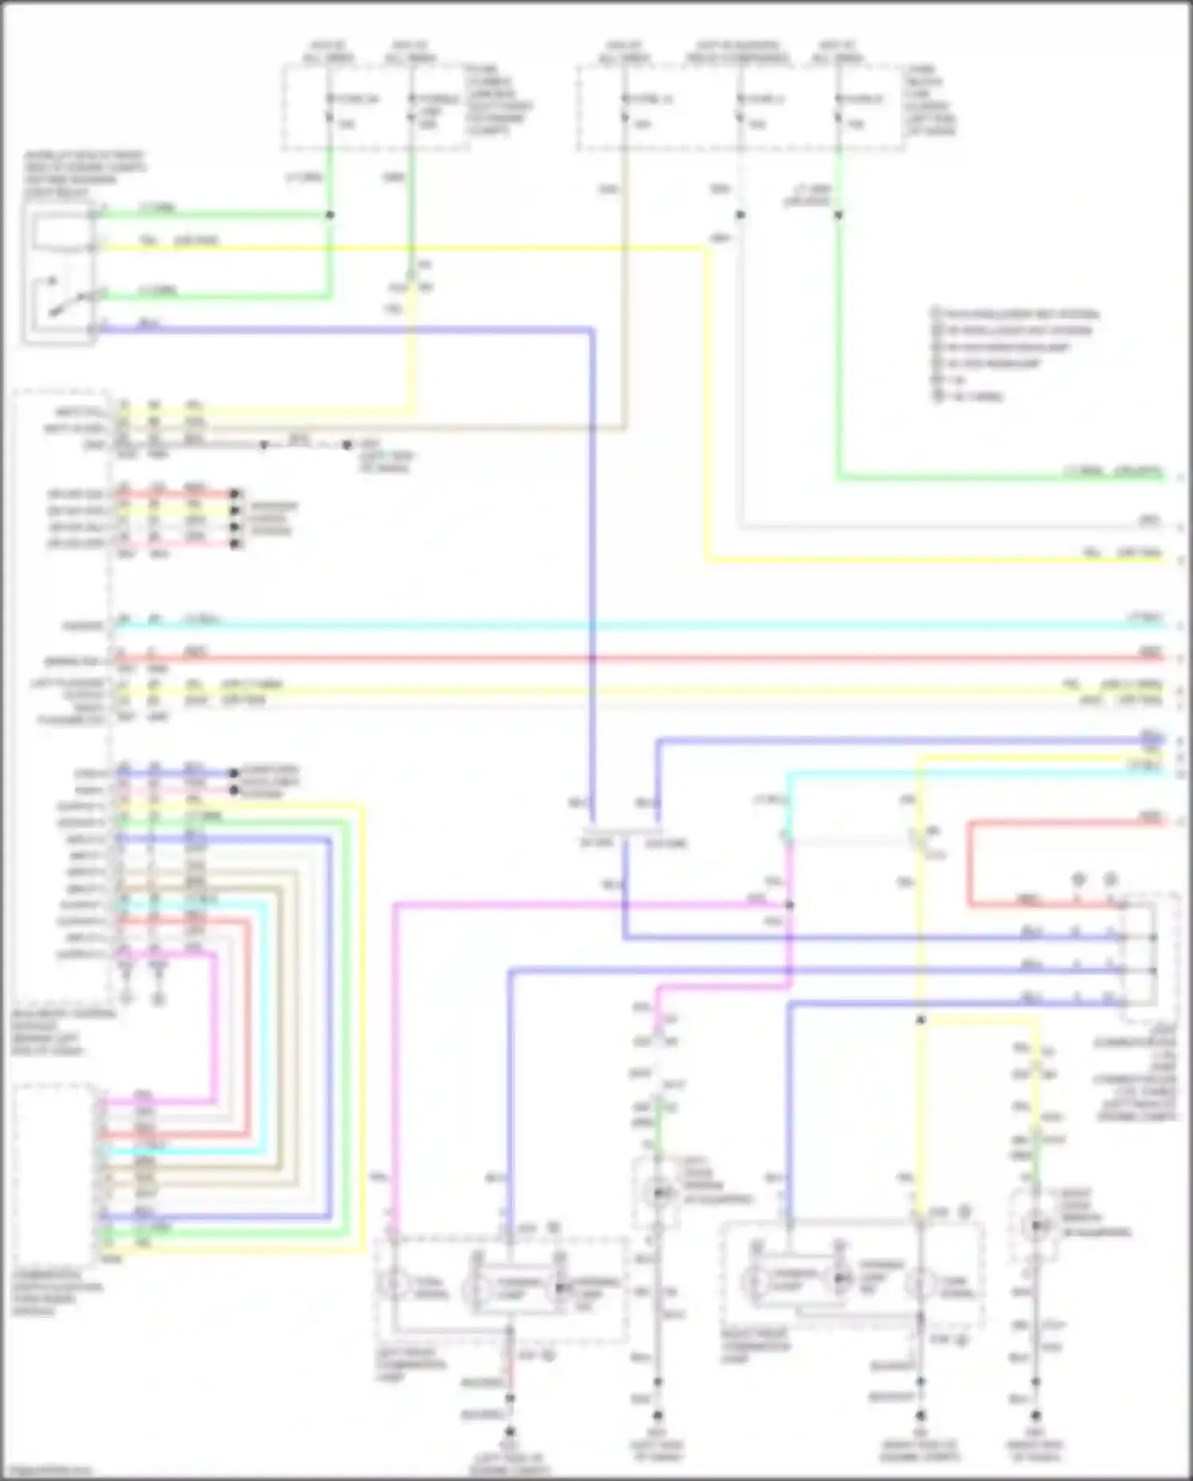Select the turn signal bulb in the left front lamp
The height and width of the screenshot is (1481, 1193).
tap(393, 1284)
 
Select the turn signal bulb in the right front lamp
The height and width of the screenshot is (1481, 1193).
tap(920, 1283)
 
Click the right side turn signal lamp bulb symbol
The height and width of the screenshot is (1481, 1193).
tap(1036, 1226)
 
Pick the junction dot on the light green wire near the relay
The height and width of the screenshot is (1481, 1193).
tap(330, 215)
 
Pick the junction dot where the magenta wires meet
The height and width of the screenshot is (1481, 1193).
tap(789, 906)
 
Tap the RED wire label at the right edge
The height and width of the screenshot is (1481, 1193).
tap(1150, 653)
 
